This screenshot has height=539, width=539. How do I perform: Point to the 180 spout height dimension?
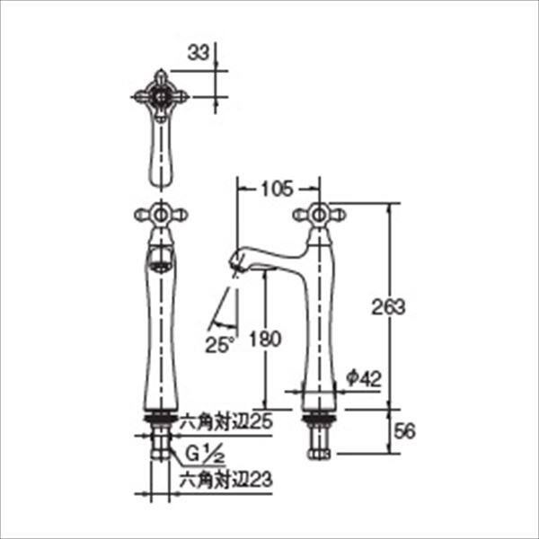269,339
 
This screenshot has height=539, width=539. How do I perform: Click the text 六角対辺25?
225,420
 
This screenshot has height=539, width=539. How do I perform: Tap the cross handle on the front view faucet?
160,214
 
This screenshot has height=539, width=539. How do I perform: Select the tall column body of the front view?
160,341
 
